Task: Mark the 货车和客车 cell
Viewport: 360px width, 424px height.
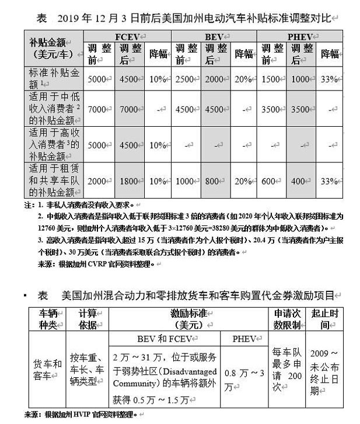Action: [x=49, y=368]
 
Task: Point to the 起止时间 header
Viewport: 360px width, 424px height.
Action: [x=328, y=319]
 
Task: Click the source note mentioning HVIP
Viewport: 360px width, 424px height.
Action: [x=78, y=415]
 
